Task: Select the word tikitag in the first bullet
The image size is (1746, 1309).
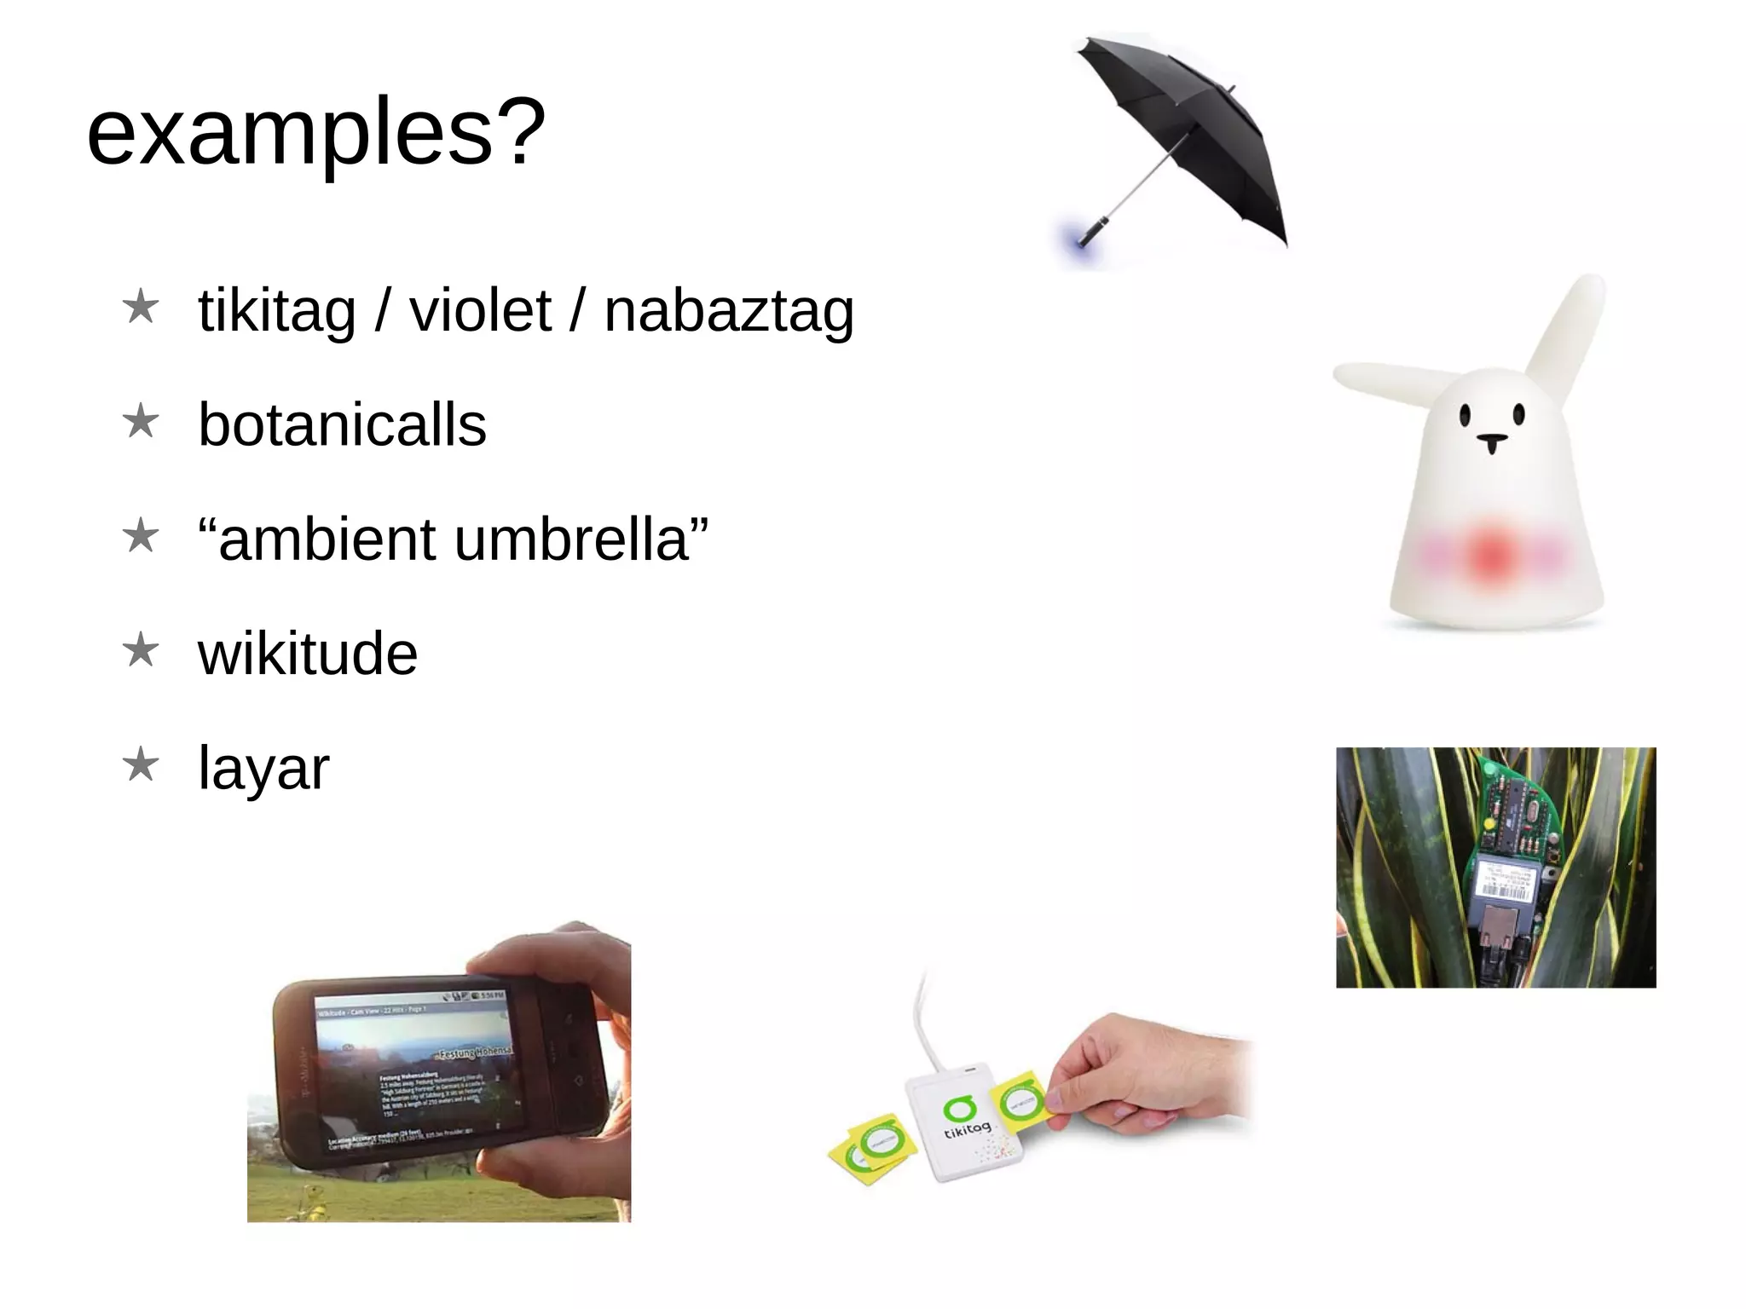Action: click(277, 311)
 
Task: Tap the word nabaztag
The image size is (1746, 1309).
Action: click(729, 311)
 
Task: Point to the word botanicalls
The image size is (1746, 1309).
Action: click(342, 425)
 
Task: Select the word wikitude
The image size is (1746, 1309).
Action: click(308, 654)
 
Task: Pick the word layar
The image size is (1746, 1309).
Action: click(263, 769)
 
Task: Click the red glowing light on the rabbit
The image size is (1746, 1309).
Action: click(1490, 555)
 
